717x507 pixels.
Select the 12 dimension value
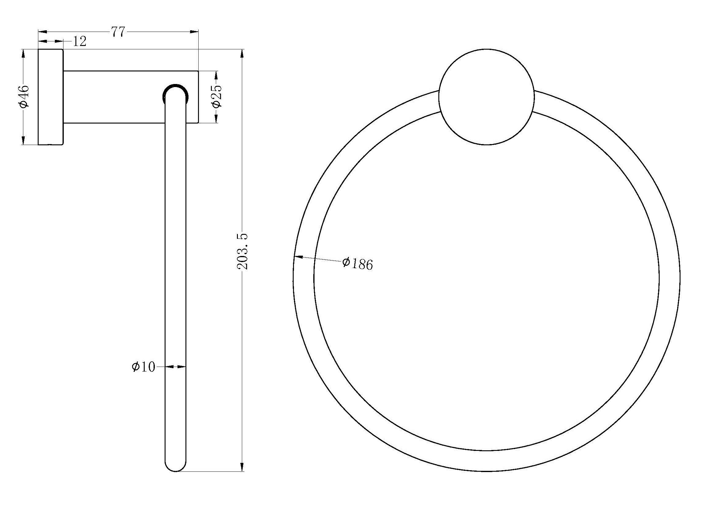[x=79, y=41]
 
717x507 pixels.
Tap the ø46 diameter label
[x=24, y=97]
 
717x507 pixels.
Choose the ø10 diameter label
[x=143, y=367]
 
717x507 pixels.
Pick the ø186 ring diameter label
[x=357, y=264]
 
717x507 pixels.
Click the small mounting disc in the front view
[x=486, y=97]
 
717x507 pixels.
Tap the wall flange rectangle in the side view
[x=51, y=97]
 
